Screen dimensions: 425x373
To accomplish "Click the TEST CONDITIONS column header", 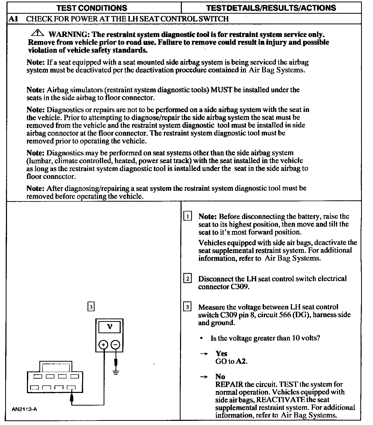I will click(x=92, y=8).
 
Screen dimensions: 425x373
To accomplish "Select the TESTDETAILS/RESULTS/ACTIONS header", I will click(x=271, y=8).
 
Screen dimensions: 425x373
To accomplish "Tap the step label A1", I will click(x=13, y=19).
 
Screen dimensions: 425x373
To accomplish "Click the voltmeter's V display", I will click(x=110, y=327).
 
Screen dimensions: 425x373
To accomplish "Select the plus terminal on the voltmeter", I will click(x=103, y=345).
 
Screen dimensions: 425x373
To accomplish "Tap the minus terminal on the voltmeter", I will click(x=116, y=345).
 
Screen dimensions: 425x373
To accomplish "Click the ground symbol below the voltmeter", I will click(x=116, y=372).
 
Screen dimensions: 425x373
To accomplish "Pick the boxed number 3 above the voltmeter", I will click(x=91, y=307).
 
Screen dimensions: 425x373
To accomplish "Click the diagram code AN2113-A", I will click(x=25, y=409).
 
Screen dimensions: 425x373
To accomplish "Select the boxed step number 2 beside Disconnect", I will click(x=187, y=279).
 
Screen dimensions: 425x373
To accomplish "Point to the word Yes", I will click(x=221, y=353).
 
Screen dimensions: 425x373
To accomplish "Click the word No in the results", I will click(x=220, y=377).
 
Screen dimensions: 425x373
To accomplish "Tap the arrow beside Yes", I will click(x=204, y=354).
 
